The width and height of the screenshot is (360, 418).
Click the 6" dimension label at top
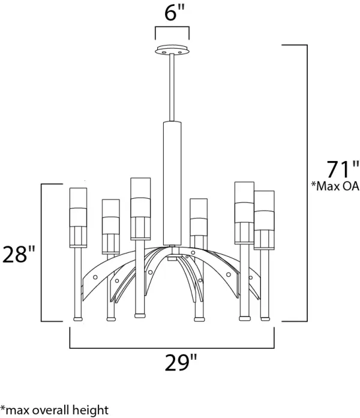[x=175, y=13]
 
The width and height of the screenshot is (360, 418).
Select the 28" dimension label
[x=19, y=255]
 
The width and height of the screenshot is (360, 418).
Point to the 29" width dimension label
[x=181, y=363]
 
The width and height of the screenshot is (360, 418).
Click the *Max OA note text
[x=335, y=186]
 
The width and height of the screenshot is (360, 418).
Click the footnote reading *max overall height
[x=55, y=410]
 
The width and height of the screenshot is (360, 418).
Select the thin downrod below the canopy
[x=172, y=88]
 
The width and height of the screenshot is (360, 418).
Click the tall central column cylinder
[x=172, y=183]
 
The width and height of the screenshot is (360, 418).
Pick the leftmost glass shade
[x=78, y=217]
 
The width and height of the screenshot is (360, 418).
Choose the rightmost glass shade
[x=264, y=220]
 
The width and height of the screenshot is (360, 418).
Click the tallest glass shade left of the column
[x=140, y=209]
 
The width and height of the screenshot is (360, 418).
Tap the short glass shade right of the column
[x=199, y=217]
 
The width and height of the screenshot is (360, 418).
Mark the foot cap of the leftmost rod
[x=78, y=319]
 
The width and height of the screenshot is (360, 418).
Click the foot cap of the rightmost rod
[x=265, y=319]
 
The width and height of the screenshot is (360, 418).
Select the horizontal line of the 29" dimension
[x=172, y=348]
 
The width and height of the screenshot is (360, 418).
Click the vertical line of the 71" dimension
[x=307, y=183]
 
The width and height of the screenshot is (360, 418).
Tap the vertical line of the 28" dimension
[x=41, y=252]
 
